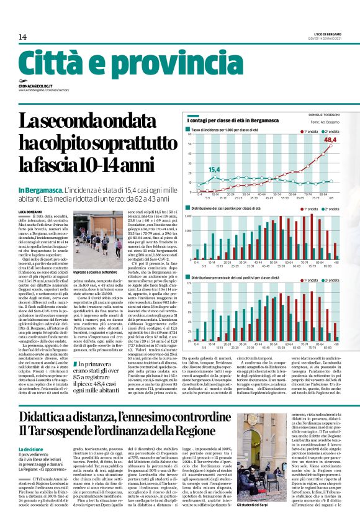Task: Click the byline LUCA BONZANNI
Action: tap(31, 213)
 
